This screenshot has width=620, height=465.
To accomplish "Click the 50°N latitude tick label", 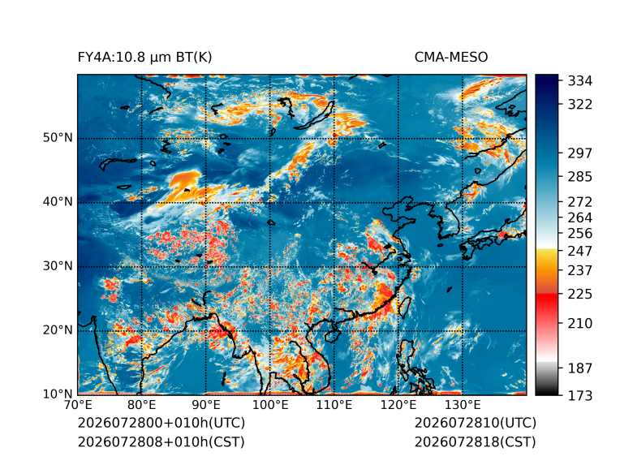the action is tap(58, 138).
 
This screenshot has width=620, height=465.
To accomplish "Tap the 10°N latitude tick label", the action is tap(58, 394).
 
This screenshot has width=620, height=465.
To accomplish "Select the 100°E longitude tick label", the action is tap(270, 405).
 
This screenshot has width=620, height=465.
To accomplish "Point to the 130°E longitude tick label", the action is tap(463, 405).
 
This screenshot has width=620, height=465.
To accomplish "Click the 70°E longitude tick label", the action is tap(78, 405).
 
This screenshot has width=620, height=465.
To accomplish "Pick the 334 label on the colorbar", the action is tap(580, 81).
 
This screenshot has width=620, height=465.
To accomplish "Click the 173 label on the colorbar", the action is tap(580, 395).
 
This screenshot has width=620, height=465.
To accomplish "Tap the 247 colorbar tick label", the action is tap(580, 251).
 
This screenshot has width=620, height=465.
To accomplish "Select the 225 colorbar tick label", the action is tap(580, 295).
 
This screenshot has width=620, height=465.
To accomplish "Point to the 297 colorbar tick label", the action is tap(580, 153).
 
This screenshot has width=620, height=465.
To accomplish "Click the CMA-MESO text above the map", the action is tap(451, 58).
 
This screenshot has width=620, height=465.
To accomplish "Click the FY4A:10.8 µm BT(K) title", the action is tap(144, 58).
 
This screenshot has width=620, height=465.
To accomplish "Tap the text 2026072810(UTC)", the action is tap(476, 423).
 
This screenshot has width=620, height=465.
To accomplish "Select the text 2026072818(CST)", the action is tap(476, 441).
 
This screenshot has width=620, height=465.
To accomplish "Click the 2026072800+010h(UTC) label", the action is tap(161, 423).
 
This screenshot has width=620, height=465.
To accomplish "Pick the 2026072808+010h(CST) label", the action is tap(161, 441).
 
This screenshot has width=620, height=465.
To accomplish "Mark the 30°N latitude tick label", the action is tap(58, 265).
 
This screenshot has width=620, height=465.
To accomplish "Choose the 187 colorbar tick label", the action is tap(580, 368).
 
